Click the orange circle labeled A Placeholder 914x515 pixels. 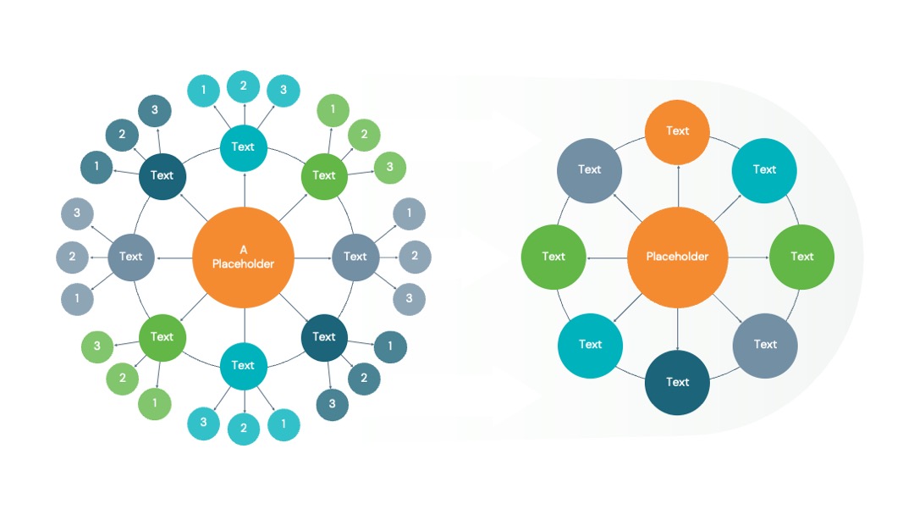243,257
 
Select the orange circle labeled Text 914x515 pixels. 677,132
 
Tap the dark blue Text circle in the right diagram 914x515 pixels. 677,383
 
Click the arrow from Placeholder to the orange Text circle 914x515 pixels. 678,186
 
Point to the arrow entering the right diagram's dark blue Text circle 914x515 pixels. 677,329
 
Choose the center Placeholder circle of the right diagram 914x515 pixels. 677,257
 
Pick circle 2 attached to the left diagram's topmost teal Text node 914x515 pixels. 243,86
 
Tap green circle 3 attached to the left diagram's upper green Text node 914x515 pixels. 389,168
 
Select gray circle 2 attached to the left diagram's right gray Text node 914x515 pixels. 415,257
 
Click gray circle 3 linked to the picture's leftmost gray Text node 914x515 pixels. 77,213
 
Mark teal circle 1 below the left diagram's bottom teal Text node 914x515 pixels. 284,424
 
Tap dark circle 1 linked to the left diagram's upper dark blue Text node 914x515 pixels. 96,167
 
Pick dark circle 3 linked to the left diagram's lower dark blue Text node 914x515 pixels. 333,404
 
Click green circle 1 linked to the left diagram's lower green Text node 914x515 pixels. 155,403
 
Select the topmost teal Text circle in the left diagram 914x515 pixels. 243,147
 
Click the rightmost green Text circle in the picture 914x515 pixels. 801,257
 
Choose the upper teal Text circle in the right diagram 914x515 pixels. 764,170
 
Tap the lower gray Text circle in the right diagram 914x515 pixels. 765,346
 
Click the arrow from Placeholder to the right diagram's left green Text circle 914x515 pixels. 607,257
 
